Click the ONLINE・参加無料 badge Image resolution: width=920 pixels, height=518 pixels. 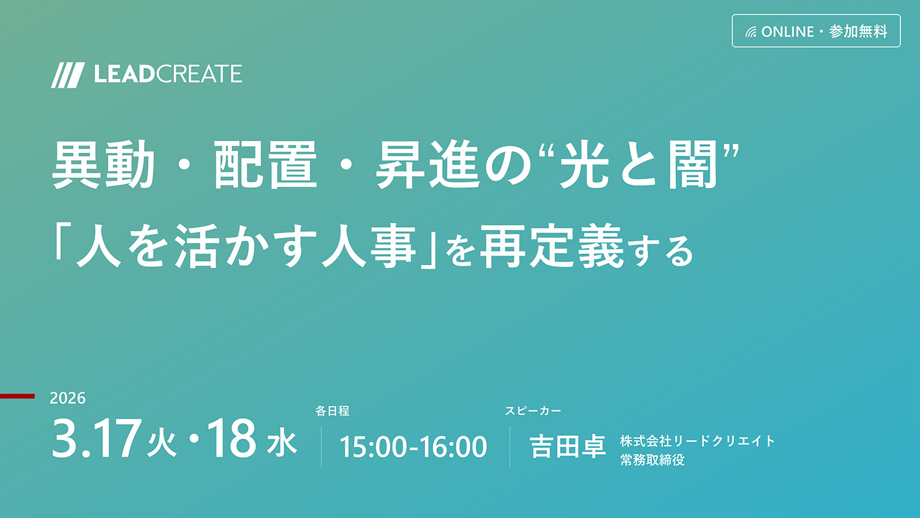coord(816,31)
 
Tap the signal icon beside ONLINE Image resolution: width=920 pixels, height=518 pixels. coord(751,32)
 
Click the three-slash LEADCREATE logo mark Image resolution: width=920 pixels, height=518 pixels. coord(67,75)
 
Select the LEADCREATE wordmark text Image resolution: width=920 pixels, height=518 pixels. coord(168,74)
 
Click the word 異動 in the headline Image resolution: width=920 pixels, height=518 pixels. coord(103,164)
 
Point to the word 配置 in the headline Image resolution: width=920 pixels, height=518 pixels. coord(266,164)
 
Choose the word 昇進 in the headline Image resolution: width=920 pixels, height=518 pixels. coord(428,164)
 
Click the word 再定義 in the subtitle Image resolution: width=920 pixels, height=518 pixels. coord(551,246)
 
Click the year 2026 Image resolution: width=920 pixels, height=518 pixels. coord(67,398)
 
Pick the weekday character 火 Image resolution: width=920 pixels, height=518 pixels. coord(162,443)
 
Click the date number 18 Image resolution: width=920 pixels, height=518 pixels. coord(232,438)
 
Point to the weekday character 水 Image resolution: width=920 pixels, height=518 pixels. coord(282,443)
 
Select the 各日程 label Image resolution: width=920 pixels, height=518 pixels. coord(332,411)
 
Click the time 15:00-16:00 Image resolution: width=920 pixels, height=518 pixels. coord(413,446)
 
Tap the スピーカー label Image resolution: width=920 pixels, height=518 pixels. coord(533,411)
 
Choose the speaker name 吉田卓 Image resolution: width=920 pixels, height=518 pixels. coord(567,446)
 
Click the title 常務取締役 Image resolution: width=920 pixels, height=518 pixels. coord(652,460)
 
